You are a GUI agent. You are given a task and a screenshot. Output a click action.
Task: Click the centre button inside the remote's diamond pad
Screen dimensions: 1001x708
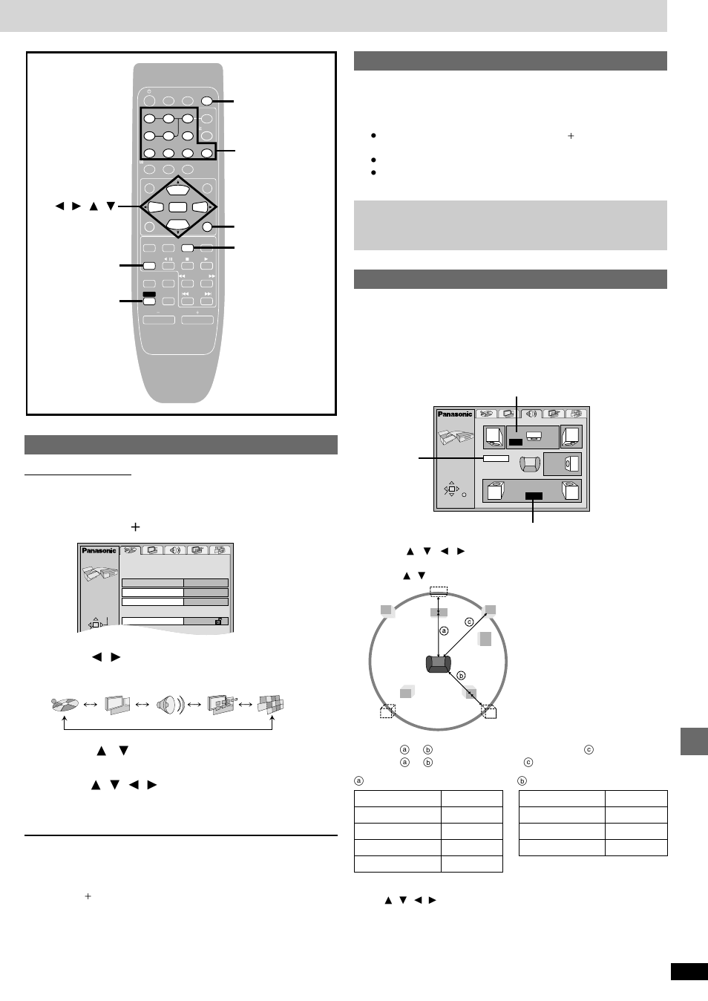[x=177, y=207]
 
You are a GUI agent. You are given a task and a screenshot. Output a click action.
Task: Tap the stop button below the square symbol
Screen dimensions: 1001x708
[x=187, y=266]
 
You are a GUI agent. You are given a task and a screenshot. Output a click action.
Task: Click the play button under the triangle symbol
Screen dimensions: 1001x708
[x=206, y=266]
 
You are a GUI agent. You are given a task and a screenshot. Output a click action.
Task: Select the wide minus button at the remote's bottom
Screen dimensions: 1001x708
[x=159, y=320]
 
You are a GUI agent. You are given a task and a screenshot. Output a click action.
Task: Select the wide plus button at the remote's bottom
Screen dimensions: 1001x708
[x=197, y=320]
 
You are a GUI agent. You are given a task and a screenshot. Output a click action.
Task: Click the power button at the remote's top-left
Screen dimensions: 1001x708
[x=148, y=101]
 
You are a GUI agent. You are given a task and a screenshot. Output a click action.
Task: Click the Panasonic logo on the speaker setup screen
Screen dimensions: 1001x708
[x=454, y=414]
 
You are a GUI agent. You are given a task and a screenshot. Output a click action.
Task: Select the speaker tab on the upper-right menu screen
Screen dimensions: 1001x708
[x=531, y=414]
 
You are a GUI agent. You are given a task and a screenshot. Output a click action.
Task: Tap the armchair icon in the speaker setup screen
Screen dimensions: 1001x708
[x=528, y=464]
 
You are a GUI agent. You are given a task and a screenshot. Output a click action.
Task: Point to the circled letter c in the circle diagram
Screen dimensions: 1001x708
[x=469, y=622]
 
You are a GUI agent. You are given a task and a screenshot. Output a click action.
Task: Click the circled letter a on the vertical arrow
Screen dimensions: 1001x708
[x=444, y=631]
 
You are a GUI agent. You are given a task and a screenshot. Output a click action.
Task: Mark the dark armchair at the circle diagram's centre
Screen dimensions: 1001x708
[x=438, y=664]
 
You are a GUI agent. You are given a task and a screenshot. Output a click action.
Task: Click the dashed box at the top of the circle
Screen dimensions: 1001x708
[x=439, y=591]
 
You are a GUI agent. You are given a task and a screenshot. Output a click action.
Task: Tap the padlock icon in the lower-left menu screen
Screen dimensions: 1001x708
[x=218, y=622]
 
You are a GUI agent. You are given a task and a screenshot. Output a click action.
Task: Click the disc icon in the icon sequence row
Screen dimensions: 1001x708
[x=65, y=704]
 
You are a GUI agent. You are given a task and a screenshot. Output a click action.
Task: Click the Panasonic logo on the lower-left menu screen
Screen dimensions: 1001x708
[x=99, y=550]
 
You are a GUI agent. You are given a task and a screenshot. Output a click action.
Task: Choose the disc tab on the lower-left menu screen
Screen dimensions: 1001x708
[x=130, y=550]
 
